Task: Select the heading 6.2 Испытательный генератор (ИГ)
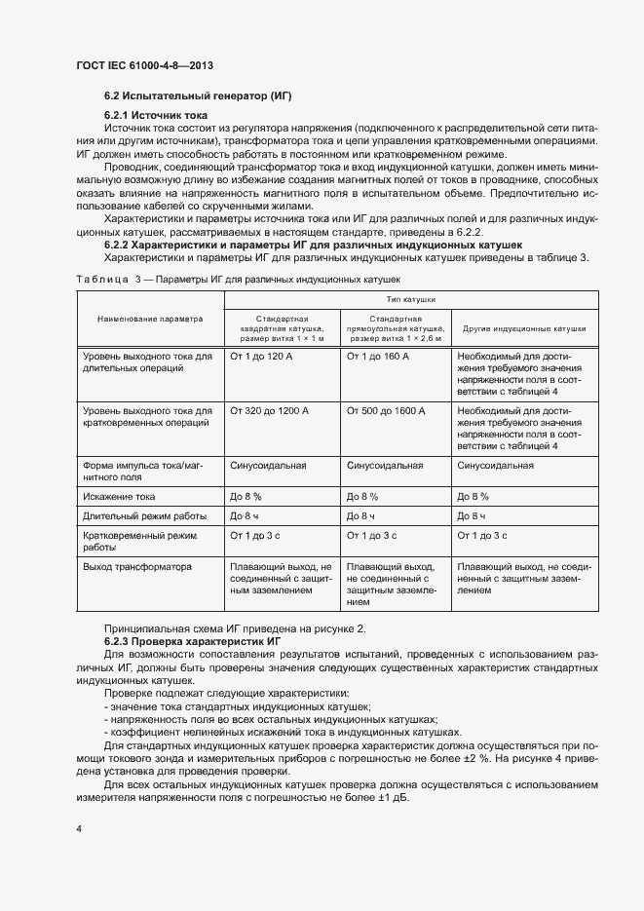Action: tap(198, 95)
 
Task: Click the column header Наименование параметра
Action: tap(150, 319)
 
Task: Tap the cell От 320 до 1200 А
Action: tap(268, 411)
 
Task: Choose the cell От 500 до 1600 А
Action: tap(386, 411)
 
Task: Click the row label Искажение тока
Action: tap(120, 496)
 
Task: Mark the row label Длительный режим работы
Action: tap(144, 515)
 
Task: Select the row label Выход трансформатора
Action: tap(137, 565)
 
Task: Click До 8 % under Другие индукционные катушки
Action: tap(473, 496)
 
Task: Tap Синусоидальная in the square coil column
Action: tap(268, 466)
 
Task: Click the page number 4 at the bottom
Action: tap(79, 828)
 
